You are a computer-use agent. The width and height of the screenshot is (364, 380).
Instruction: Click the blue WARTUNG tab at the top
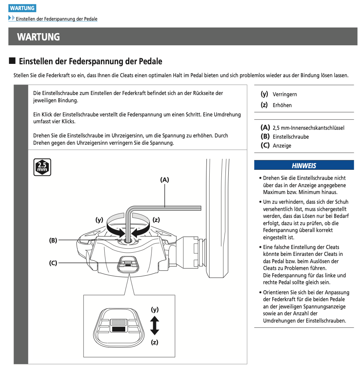(22, 8)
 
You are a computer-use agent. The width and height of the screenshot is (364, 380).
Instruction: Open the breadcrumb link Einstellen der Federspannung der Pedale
(56, 19)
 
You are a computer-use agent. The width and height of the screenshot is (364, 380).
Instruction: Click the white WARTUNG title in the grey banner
(38, 37)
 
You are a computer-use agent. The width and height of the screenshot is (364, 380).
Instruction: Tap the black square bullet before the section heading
(12, 61)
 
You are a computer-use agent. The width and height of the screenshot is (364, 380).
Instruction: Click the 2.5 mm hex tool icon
(42, 167)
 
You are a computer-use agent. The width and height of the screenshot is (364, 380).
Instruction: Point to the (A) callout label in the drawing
(164, 180)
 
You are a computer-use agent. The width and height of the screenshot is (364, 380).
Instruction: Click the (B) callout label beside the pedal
(53, 240)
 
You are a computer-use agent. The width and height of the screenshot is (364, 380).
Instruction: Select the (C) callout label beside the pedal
(53, 263)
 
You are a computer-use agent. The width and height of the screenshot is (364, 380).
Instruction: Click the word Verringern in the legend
(285, 94)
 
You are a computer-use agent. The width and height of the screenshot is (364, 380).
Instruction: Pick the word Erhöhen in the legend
(282, 105)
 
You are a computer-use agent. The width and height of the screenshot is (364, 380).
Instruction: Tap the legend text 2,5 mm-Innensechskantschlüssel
(308, 128)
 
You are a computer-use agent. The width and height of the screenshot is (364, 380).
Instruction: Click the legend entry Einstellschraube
(290, 137)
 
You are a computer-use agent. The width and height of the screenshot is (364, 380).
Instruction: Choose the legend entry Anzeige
(282, 146)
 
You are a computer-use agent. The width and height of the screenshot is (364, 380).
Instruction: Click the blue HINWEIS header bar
(304, 165)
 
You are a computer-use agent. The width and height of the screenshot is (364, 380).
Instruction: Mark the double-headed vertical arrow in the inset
(154, 325)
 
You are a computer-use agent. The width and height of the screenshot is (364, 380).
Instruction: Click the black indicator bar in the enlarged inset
(118, 329)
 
